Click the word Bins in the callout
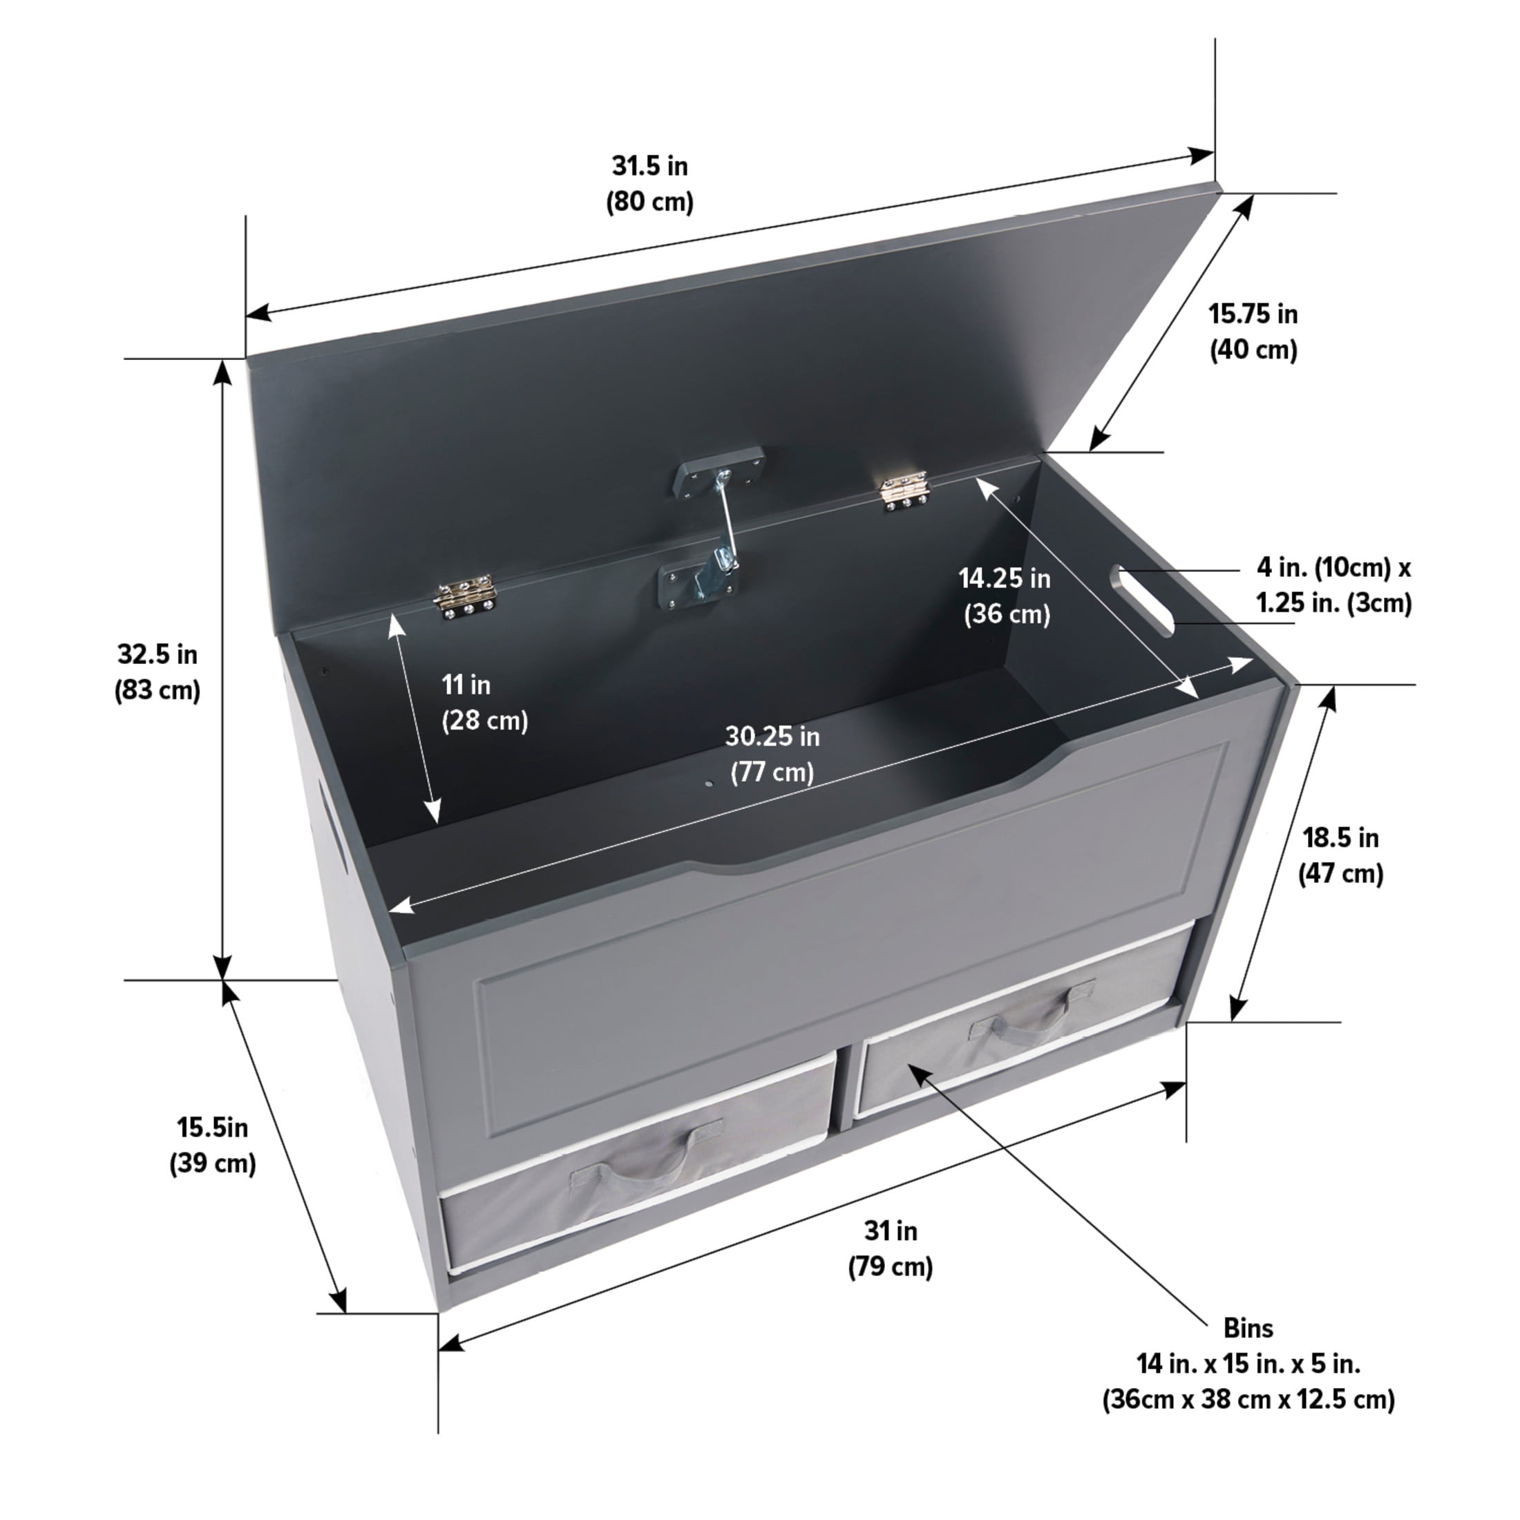pyautogui.click(x=1248, y=1350)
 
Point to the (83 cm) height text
pyautogui.click(x=158, y=690)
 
